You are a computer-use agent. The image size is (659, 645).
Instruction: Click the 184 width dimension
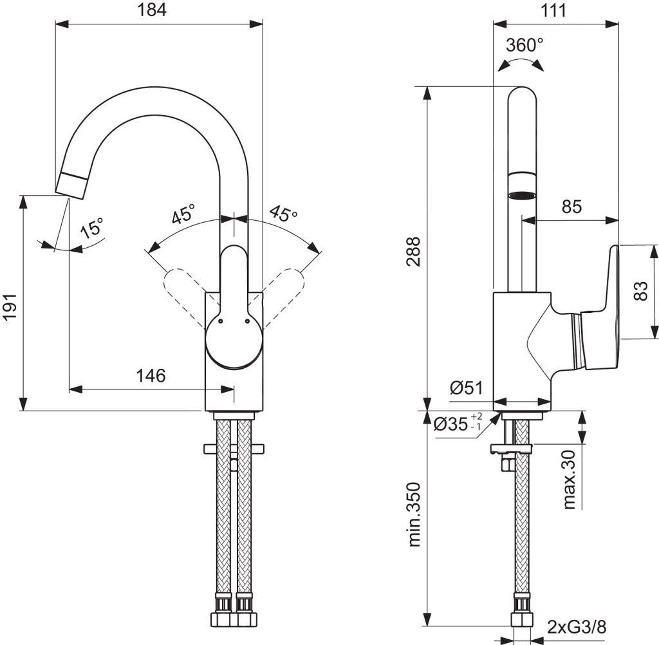point(152,10)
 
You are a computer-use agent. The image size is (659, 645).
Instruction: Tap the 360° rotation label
point(524,45)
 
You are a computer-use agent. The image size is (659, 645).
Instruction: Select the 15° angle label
point(93,229)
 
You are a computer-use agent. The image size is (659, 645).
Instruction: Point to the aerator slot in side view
point(521,196)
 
